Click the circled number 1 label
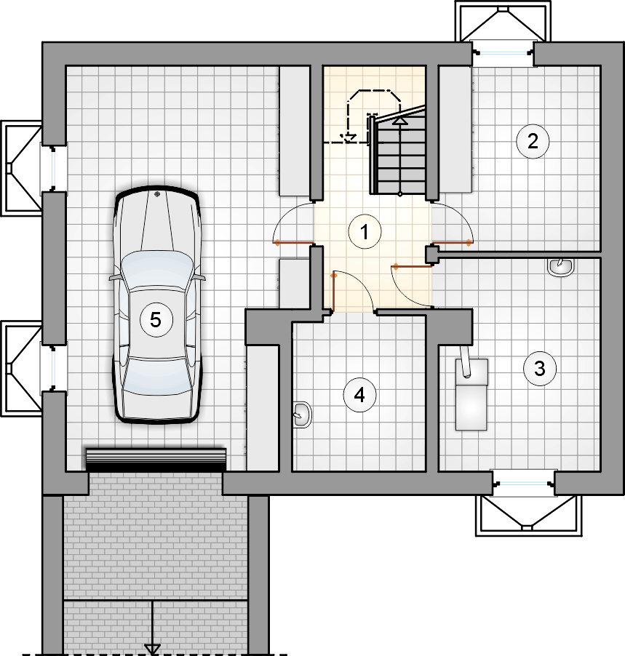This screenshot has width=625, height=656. click(x=365, y=232)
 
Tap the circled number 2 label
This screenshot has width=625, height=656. click(x=533, y=141)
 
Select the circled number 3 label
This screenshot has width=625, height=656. click(x=540, y=368)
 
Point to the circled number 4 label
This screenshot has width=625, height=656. click(x=359, y=395)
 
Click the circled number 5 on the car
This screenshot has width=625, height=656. click(x=156, y=320)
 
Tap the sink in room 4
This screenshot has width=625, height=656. click(x=302, y=415)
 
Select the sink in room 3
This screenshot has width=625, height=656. click(x=560, y=267)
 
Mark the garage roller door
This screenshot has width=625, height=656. click(x=156, y=460)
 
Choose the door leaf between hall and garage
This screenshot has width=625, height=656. click(x=293, y=242)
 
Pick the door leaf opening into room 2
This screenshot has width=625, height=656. click(x=451, y=242)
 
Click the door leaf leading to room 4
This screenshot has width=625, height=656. click(x=334, y=293)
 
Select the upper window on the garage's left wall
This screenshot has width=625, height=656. click(x=54, y=168)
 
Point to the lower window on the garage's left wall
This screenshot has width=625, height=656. click(x=54, y=368)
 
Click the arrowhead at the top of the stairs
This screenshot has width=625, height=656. click(x=400, y=121)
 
